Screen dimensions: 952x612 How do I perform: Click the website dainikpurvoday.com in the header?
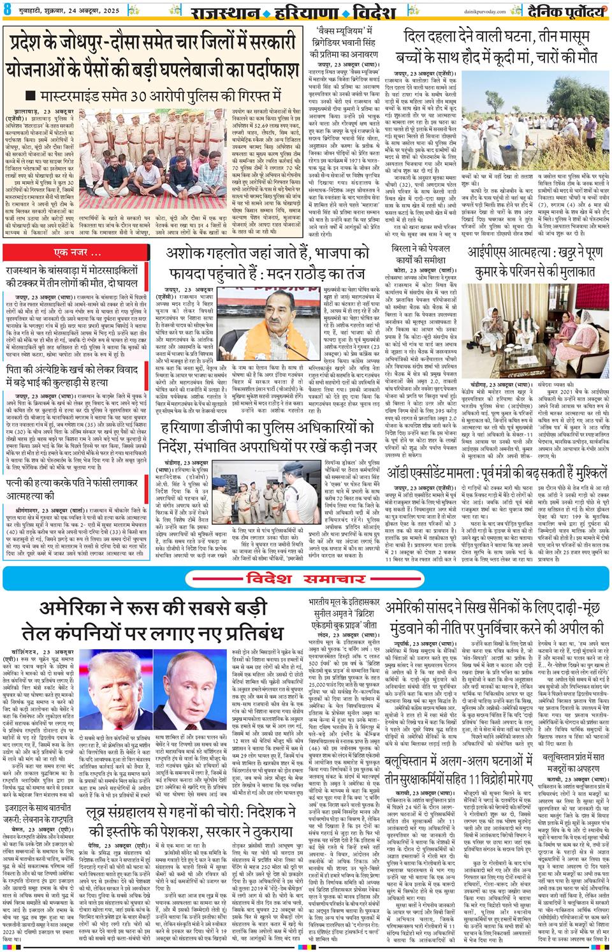(x=463, y=10)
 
